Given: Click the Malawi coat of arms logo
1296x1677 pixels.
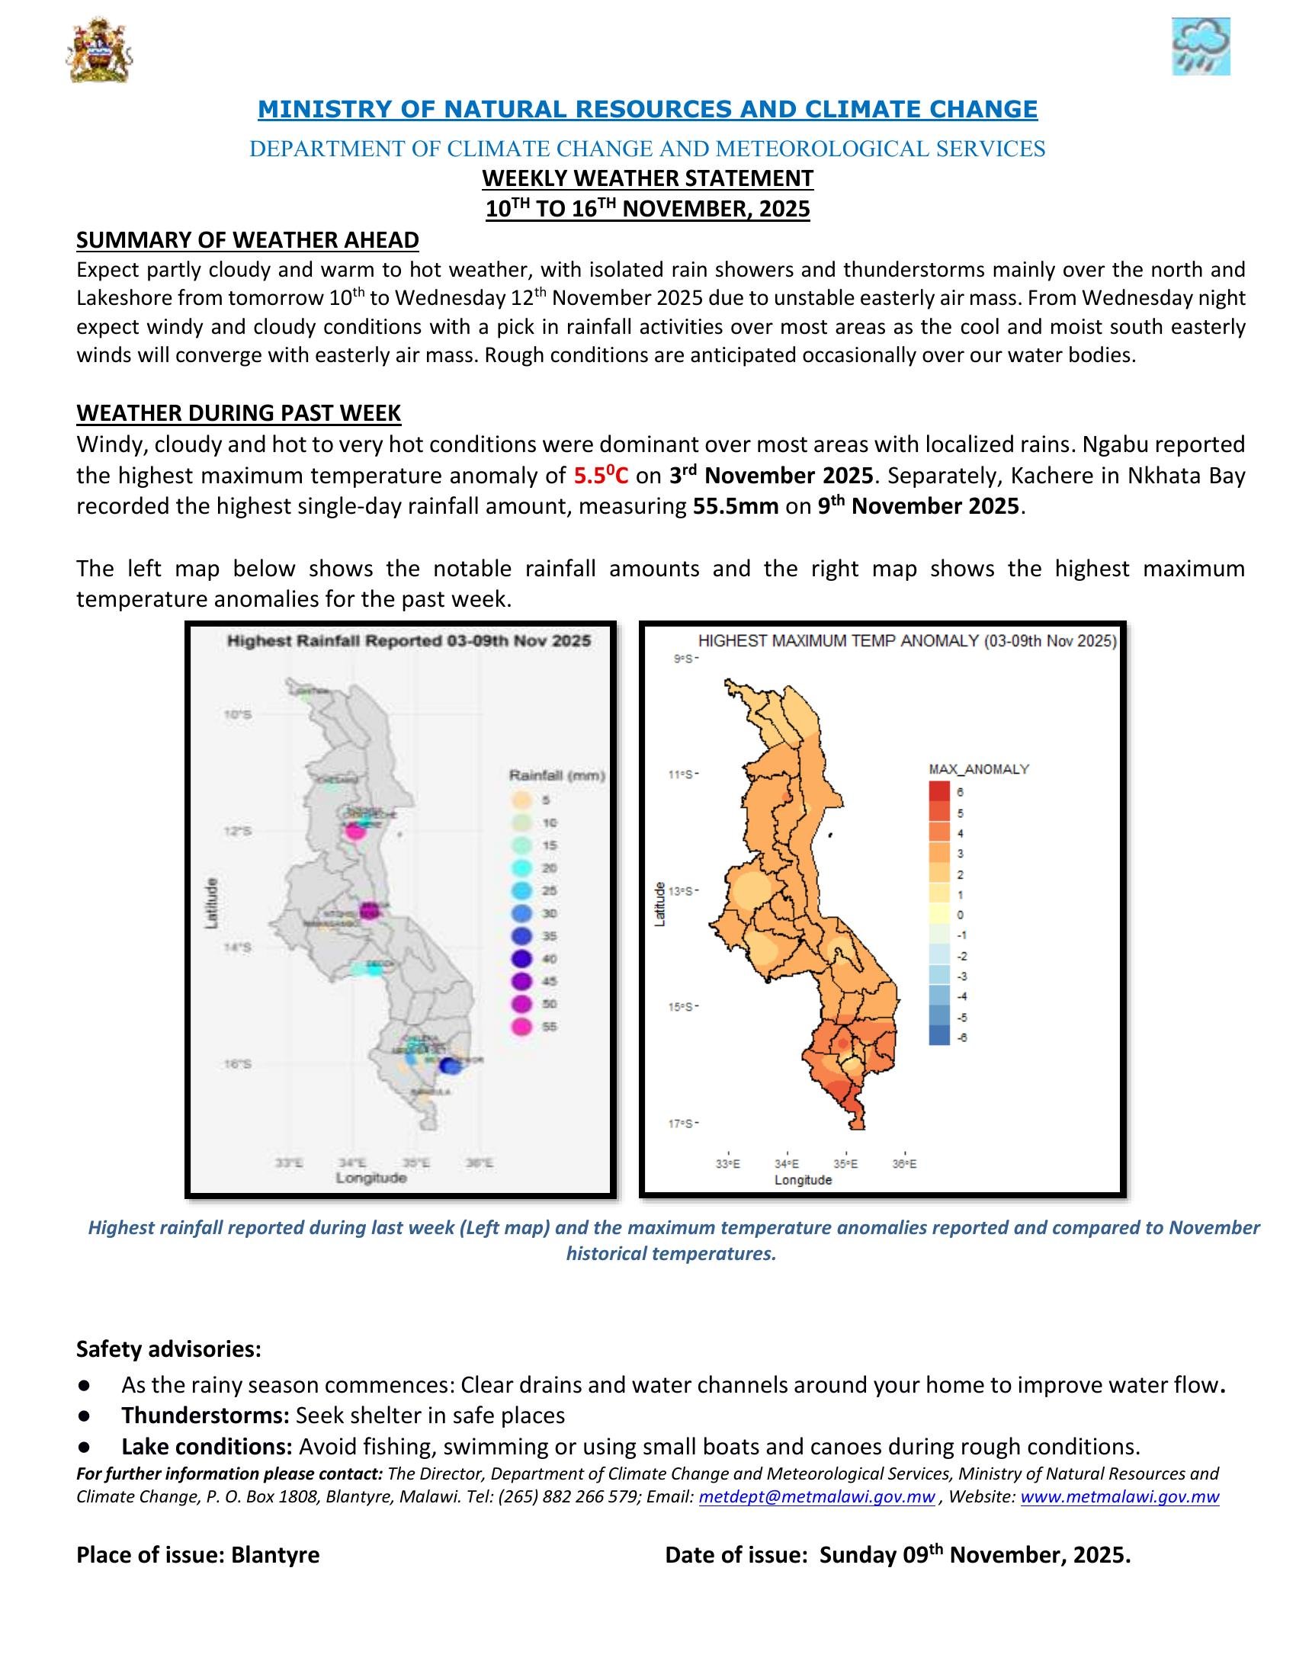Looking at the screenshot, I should (x=100, y=51).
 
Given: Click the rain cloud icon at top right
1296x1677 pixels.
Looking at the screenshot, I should (x=1200, y=46).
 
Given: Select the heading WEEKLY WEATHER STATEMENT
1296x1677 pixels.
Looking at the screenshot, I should (x=647, y=178).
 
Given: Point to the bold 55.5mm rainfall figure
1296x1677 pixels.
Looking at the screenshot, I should (x=736, y=507).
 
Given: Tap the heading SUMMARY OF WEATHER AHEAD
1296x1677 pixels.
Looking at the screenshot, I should (x=247, y=240).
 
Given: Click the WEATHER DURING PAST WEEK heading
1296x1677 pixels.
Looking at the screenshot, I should (x=238, y=413).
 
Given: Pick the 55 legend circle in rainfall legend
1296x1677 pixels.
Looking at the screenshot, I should (x=522, y=1027).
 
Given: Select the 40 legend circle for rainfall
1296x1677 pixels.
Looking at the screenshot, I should (x=522, y=958).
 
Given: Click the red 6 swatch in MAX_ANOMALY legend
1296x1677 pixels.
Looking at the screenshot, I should (x=938, y=791).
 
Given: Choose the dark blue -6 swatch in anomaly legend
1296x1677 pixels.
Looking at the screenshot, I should (x=938, y=1037).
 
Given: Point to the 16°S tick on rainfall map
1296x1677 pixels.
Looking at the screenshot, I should (x=237, y=1064).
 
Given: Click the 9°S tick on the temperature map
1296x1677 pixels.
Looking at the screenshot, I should (x=684, y=659).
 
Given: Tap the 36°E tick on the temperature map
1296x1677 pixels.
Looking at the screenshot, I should (x=904, y=1164).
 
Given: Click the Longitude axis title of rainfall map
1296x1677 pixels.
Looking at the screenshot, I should (x=371, y=1178).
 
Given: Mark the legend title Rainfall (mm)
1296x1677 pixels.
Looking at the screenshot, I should (x=557, y=775).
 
